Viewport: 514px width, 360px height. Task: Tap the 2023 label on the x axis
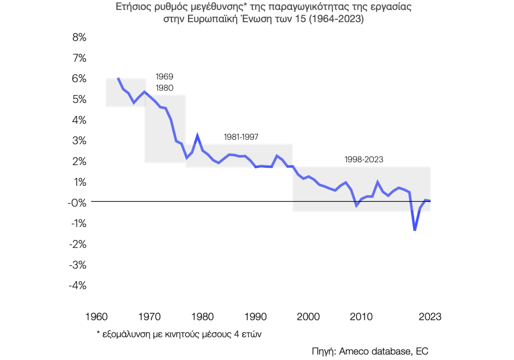point(430,317)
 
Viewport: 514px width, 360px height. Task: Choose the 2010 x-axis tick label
point(361,317)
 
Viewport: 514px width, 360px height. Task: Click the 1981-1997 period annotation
point(241,137)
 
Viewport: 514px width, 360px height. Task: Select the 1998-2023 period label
point(364,160)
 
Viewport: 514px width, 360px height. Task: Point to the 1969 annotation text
point(164,77)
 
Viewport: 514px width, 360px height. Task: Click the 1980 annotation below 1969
point(164,88)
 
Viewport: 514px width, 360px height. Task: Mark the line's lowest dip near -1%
point(415,230)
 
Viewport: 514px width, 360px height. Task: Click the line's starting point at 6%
point(118,78)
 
